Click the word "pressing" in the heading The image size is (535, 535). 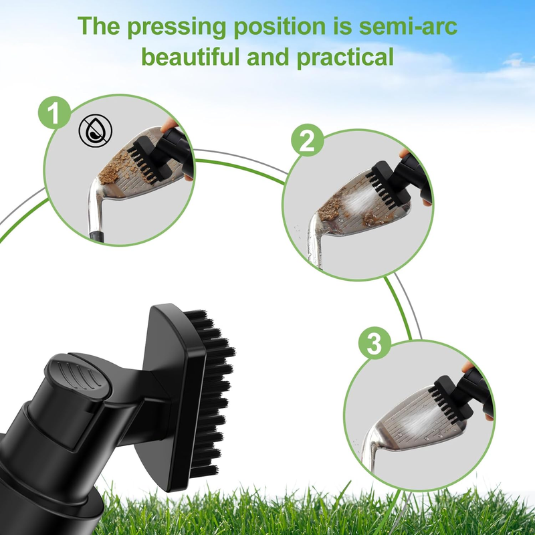(x=177, y=27)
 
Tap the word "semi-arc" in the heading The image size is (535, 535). (x=408, y=26)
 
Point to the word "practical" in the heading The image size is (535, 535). (x=345, y=58)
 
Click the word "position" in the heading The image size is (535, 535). (x=280, y=27)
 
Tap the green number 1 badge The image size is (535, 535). (x=54, y=113)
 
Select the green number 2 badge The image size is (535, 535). (x=308, y=140)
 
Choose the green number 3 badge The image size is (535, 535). (x=374, y=343)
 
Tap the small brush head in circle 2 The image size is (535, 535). (x=388, y=185)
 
